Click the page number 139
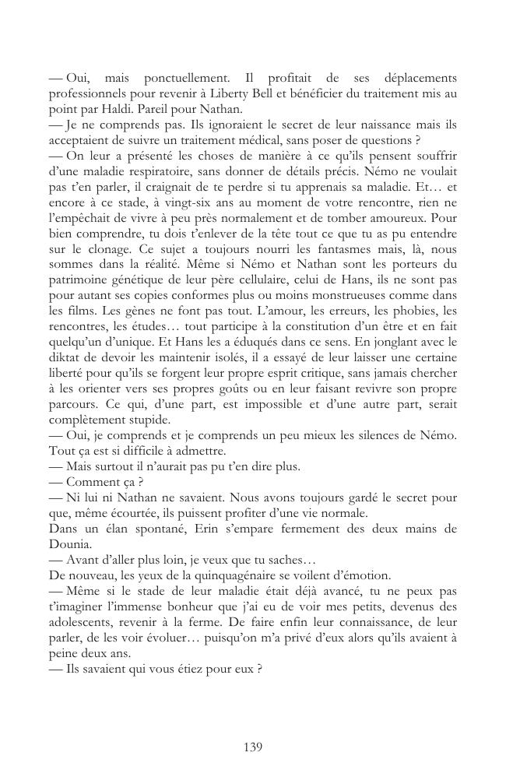(x=253, y=747)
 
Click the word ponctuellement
(x=182, y=79)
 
